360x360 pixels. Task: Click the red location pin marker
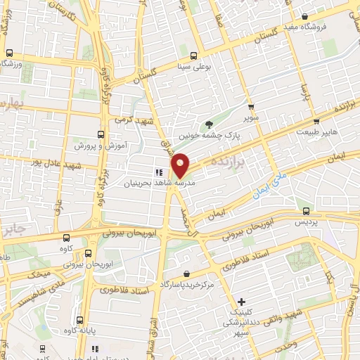181,165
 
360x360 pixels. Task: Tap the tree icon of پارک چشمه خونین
209,124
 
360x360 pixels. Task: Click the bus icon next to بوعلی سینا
193,56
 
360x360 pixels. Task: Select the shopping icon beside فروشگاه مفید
304,17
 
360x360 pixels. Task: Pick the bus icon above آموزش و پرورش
100,134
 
